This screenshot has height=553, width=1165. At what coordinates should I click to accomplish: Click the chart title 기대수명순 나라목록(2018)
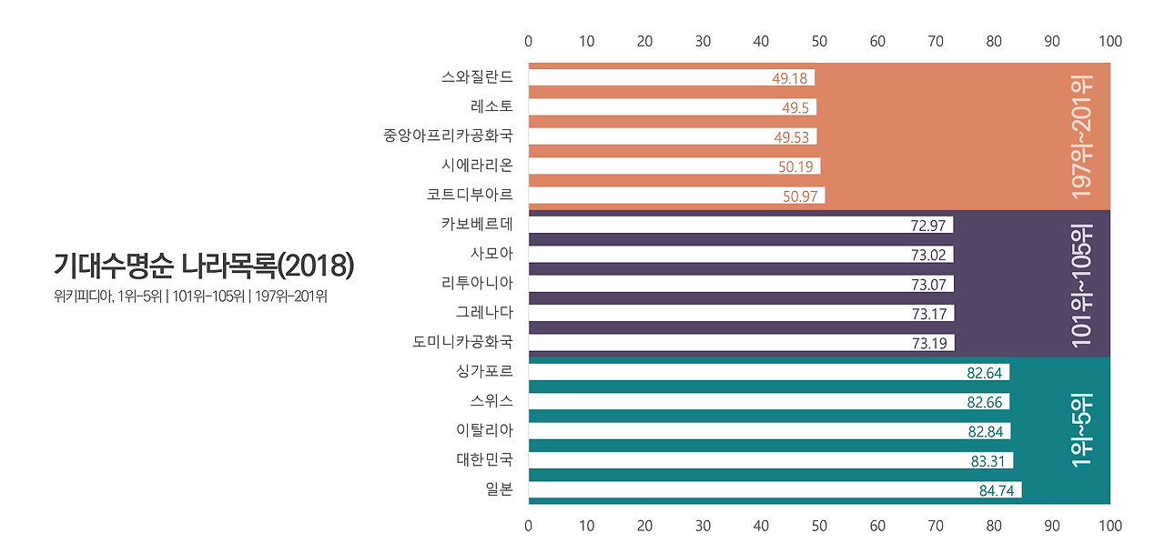203,265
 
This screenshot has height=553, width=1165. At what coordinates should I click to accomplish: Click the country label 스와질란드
477,77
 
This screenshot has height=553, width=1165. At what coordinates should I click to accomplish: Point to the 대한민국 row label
484,460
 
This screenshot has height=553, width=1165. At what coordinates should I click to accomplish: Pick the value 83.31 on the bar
988,461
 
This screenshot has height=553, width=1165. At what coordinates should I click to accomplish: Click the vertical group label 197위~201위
1082,136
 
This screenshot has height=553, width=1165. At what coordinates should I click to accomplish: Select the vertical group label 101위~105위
1082,284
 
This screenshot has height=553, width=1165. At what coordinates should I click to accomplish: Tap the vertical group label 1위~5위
1082,430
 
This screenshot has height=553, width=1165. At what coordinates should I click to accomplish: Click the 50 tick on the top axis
819,41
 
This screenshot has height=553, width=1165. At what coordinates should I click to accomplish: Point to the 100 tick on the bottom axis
1110,526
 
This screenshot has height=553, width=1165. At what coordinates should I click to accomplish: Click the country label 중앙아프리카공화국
448,136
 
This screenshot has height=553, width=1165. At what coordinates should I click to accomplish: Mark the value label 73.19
928,343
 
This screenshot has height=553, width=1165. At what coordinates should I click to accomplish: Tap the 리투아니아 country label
477,284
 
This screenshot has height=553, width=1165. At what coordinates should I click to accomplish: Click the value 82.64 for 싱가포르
984,373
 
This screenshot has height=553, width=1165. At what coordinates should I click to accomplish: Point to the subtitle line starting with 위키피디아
190,296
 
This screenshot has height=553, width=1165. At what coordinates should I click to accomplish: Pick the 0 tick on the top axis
528,41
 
